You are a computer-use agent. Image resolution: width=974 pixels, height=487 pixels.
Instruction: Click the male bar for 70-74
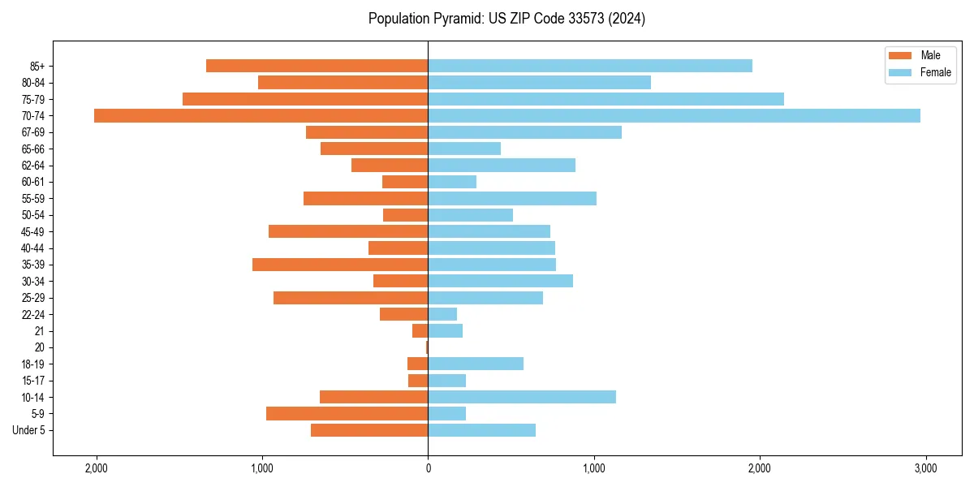point(261,115)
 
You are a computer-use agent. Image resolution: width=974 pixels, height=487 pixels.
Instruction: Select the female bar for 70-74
point(674,115)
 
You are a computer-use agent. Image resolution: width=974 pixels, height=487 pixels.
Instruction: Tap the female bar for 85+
point(590,66)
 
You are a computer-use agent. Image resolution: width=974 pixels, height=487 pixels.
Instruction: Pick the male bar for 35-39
point(340,265)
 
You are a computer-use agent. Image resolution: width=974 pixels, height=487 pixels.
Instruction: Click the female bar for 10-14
point(522,397)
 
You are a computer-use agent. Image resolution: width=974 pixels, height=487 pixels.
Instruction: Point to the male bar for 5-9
point(347,414)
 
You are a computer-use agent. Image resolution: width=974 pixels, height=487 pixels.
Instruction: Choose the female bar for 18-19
point(476,364)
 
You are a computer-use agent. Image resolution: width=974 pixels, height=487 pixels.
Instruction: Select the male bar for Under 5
point(369,430)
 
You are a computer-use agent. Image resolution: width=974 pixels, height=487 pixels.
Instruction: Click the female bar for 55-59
point(512,199)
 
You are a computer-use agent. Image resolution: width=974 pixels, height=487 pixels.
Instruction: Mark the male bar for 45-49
point(348,231)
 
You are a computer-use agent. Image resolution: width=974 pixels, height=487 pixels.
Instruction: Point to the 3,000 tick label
point(925,468)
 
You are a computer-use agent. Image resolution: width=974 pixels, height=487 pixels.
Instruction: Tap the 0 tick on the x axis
point(428,468)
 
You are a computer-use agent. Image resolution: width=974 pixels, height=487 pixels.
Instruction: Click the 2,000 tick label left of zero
point(96,468)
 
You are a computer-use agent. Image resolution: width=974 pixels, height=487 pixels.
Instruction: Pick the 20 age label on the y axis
point(39,347)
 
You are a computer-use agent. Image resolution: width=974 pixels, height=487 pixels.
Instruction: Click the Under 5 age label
point(28,430)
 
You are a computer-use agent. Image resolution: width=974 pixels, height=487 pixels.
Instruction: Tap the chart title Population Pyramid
point(506,19)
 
